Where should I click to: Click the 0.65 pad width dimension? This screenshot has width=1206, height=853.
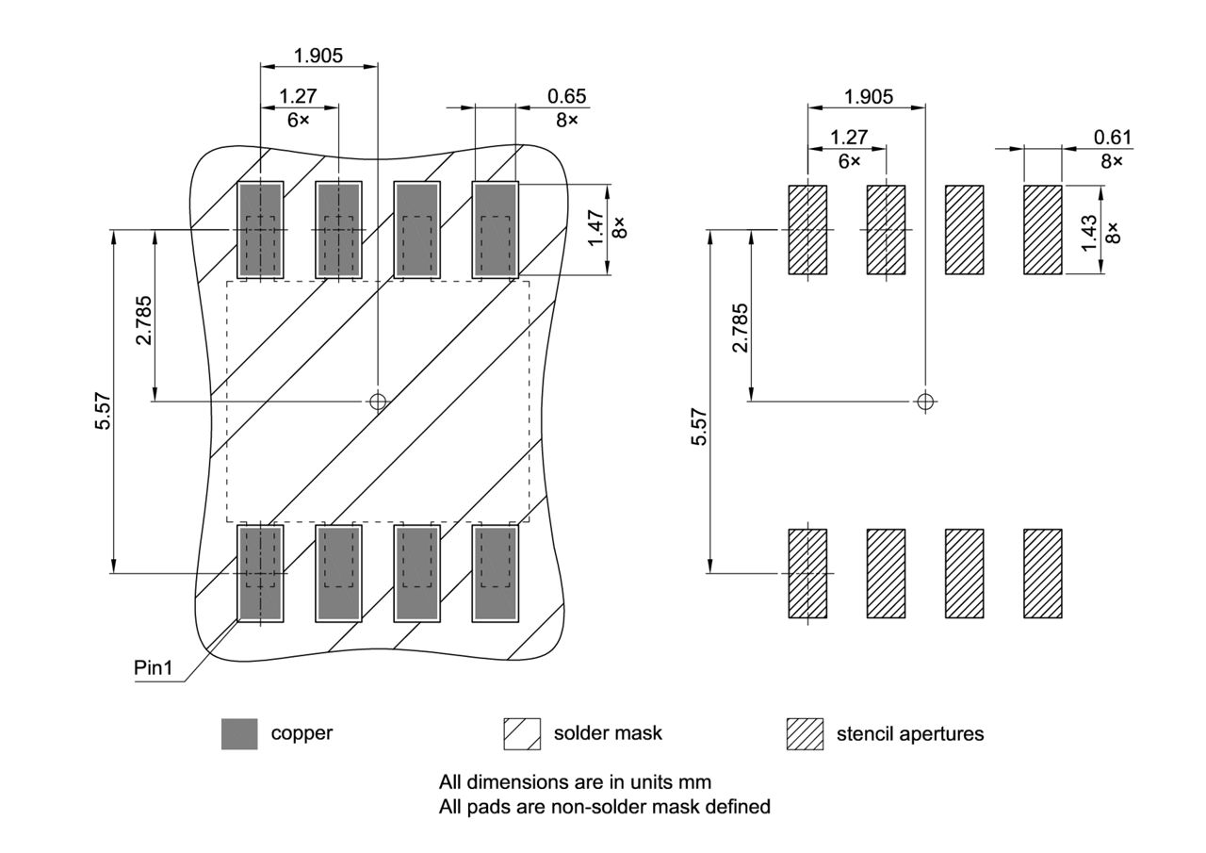point(566,95)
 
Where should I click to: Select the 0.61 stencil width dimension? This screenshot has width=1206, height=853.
point(1113,138)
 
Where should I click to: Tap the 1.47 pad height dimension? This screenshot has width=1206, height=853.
point(595,229)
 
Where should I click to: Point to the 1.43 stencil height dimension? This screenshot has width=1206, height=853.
point(1089,232)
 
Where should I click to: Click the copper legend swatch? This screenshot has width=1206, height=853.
point(239,733)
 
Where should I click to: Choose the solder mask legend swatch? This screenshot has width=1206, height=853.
point(522,733)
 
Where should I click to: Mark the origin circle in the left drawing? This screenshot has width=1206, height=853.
point(378,402)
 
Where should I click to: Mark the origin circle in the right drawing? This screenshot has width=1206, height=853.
point(925,402)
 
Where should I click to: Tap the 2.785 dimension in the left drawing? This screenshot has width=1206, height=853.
point(143,320)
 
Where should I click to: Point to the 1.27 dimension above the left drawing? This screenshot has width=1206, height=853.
point(298,95)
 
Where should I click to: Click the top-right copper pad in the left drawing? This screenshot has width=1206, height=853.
point(496,230)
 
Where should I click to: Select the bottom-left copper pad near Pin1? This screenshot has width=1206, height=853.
point(259,573)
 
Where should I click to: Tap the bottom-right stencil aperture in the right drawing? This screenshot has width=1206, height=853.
point(1043,573)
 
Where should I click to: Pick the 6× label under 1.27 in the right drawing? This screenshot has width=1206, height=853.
point(849,161)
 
